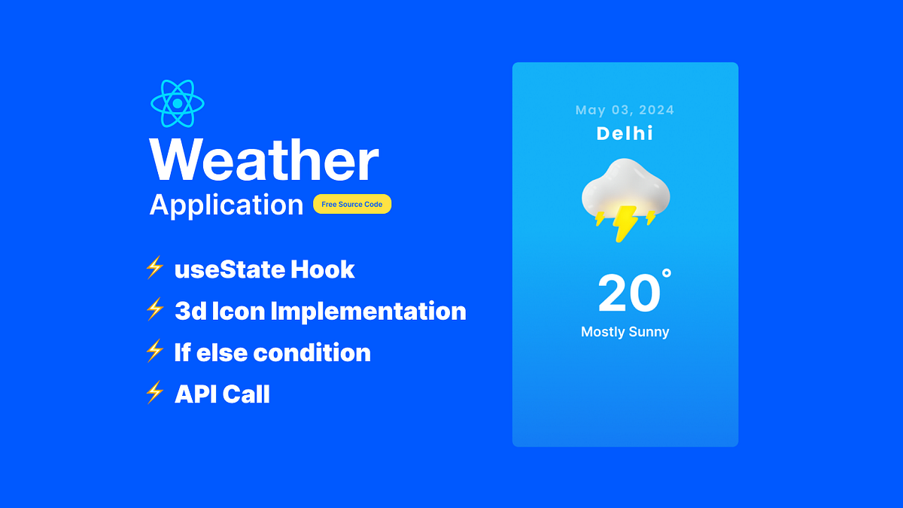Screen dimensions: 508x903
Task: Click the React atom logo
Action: (x=178, y=103)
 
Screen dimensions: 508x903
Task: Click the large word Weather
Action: (x=264, y=160)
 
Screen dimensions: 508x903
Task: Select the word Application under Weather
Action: (x=227, y=205)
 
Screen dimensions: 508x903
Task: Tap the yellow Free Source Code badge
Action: (x=352, y=205)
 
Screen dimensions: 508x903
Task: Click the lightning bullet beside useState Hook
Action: (x=154, y=268)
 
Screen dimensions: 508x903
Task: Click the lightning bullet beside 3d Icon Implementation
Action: (x=154, y=309)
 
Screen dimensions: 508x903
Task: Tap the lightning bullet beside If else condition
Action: (x=154, y=351)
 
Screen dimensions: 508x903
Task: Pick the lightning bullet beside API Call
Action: (x=154, y=392)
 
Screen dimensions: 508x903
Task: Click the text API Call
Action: (x=222, y=394)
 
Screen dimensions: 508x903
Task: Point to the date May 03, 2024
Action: (x=625, y=111)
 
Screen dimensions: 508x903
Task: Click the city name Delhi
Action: (x=625, y=134)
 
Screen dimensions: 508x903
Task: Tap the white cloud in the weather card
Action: (x=625, y=188)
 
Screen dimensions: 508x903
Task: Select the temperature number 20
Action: (x=628, y=294)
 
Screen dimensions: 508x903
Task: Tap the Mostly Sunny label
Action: (x=625, y=332)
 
